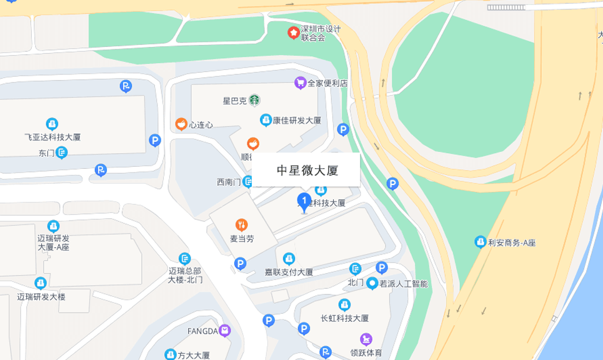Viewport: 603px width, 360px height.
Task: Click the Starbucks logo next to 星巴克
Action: (254, 99)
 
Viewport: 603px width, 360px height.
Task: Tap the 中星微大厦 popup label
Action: (306, 169)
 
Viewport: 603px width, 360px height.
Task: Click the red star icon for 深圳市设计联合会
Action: (292, 32)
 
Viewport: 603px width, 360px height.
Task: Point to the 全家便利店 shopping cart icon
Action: (300, 82)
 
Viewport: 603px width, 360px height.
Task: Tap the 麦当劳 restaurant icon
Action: (241, 224)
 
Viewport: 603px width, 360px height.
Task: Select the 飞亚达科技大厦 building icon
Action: (52, 124)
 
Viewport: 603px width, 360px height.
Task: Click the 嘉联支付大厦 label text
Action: (288, 272)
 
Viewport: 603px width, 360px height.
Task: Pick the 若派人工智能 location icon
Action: (372, 283)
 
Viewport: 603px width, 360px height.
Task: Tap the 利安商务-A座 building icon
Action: (480, 241)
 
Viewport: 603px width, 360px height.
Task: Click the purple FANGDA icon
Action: (224, 330)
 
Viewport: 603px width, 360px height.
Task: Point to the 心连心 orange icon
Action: (181, 124)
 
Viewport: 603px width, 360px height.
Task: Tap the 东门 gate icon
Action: (62, 152)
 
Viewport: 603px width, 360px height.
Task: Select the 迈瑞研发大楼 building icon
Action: (41, 282)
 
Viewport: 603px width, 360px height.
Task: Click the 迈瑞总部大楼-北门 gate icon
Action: (184, 258)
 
